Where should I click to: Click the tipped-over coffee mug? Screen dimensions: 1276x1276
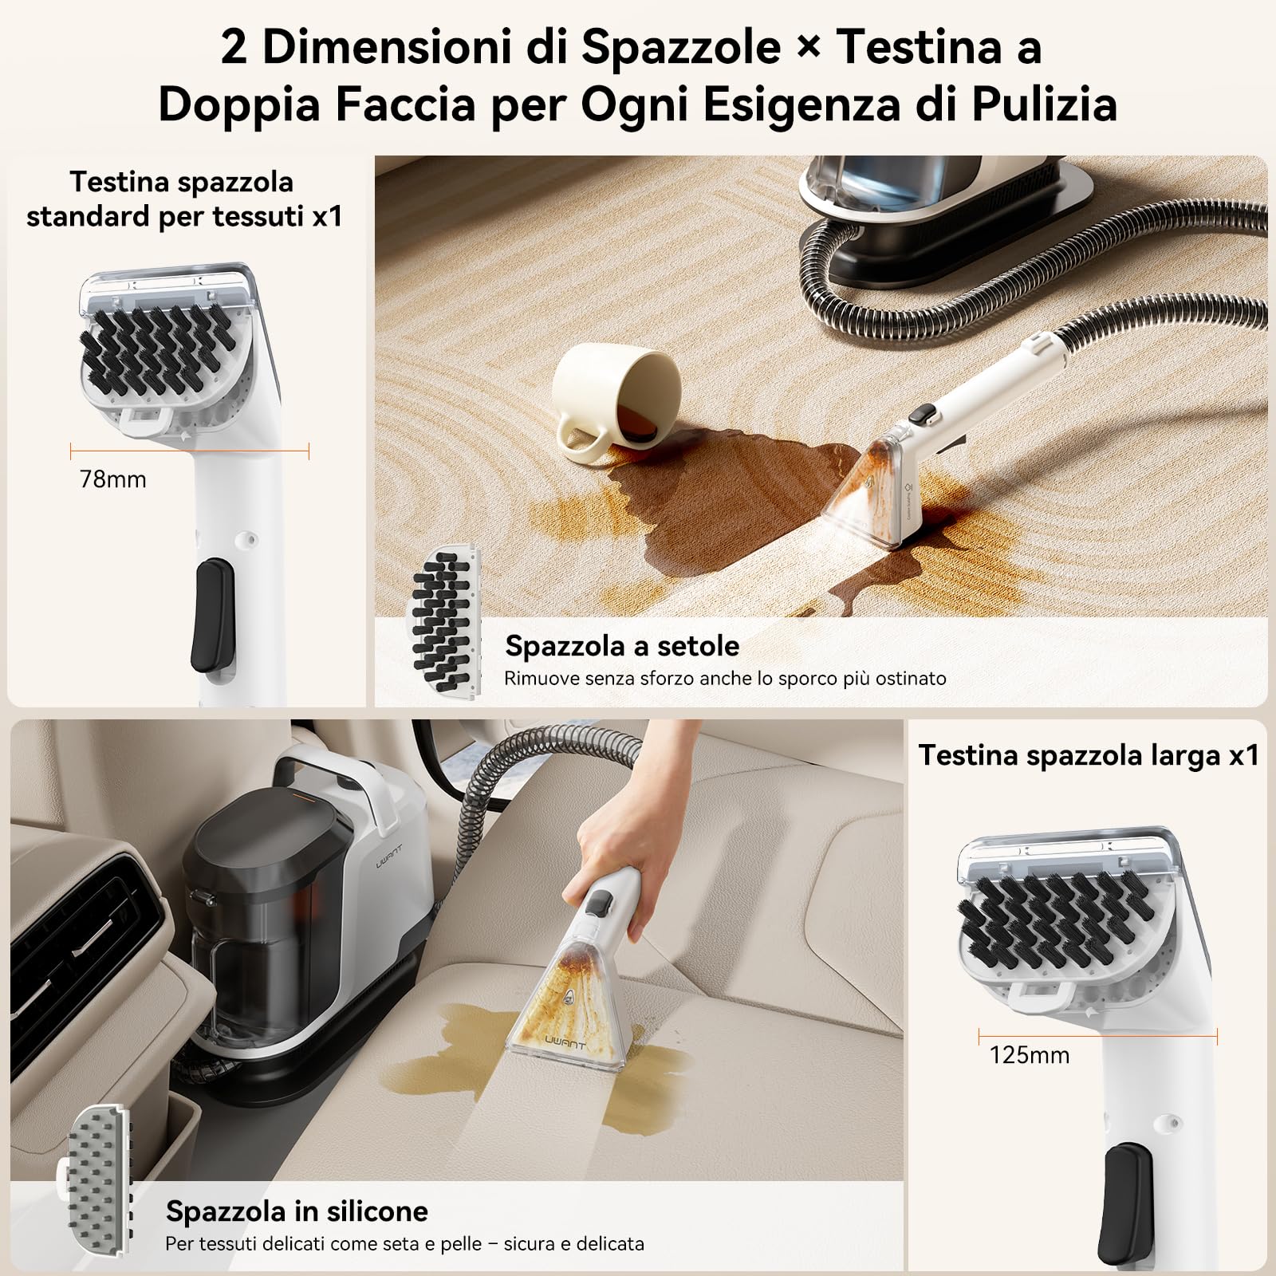tap(614, 399)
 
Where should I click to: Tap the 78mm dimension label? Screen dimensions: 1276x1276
tap(113, 479)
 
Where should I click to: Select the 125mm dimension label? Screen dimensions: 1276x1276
tap(1029, 1055)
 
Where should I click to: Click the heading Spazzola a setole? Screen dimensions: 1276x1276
tap(622, 645)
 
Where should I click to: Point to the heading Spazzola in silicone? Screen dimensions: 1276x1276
tap(297, 1211)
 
